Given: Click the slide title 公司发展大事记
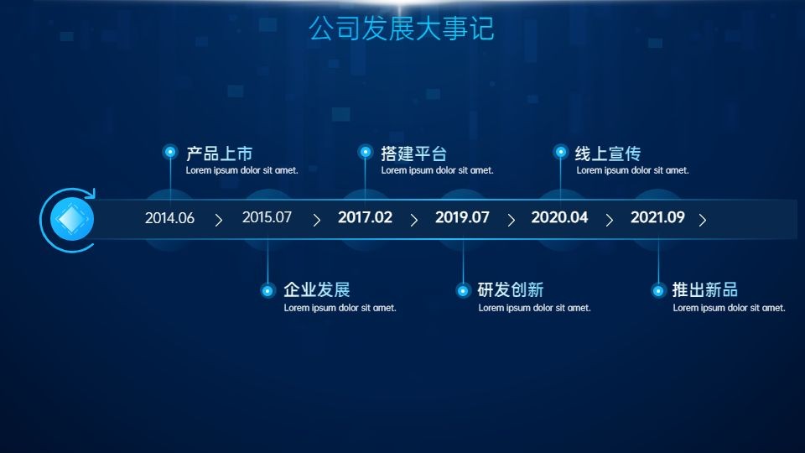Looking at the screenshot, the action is click(x=402, y=29).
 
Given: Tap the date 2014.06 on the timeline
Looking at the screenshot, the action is click(x=169, y=218).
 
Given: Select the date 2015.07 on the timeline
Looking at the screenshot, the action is click(x=267, y=217).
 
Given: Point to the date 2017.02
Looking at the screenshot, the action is click(x=365, y=217).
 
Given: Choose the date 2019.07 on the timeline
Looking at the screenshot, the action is click(x=462, y=217).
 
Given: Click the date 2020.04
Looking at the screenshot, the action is click(x=559, y=217).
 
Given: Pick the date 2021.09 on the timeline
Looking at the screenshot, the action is click(x=657, y=217).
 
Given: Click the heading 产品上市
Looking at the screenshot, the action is click(x=219, y=154).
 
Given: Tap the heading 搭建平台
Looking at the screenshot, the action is click(x=413, y=154).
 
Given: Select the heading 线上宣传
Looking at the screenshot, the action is click(x=608, y=154).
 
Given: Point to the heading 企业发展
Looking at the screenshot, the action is click(x=317, y=289).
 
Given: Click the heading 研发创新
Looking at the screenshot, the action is click(x=511, y=289).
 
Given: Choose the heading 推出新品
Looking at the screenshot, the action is click(x=705, y=289).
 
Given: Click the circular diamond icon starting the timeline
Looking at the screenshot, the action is click(x=72, y=219).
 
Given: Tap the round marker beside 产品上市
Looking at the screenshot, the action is click(x=170, y=152).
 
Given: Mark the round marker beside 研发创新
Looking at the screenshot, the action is click(x=463, y=291).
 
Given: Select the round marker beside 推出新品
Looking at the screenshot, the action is click(x=658, y=291).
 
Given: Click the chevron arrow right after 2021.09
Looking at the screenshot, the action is click(x=703, y=221).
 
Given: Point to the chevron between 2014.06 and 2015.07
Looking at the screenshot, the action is click(x=219, y=221).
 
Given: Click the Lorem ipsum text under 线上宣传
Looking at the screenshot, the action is click(x=632, y=170).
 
